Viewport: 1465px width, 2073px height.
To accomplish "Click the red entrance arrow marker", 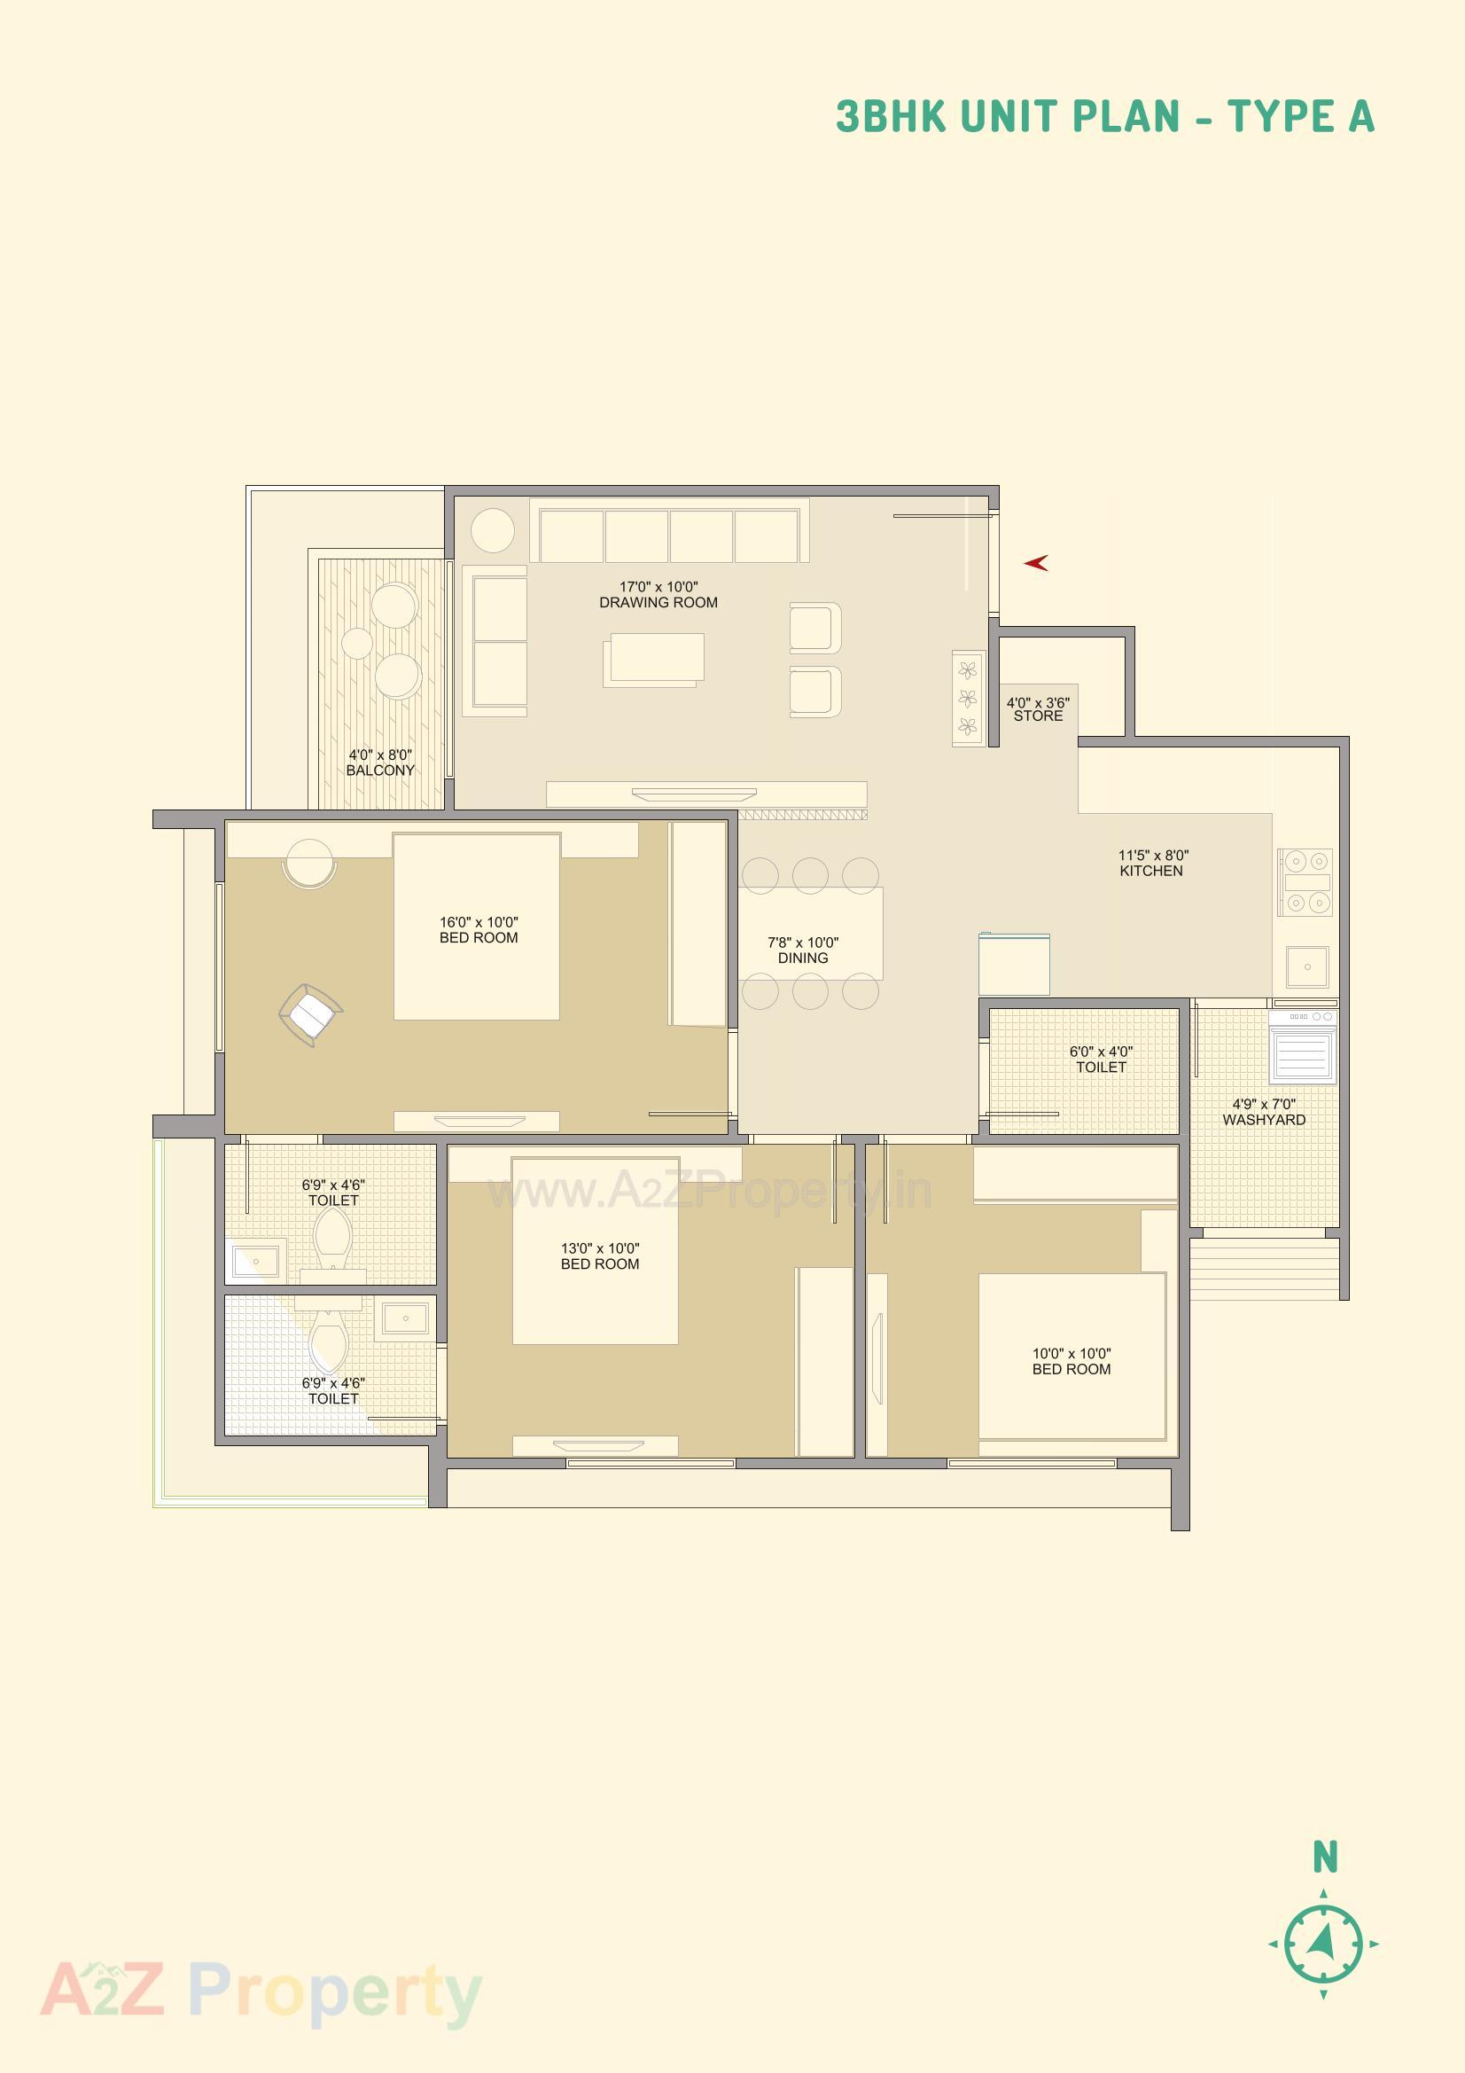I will tap(1035, 563).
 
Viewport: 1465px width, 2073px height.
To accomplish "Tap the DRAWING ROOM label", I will tap(658, 602).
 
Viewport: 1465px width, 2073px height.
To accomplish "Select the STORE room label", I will tap(1038, 716).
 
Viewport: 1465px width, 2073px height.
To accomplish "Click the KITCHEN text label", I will tap(1151, 872).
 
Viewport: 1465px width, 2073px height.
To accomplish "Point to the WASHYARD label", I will tap(1264, 1120).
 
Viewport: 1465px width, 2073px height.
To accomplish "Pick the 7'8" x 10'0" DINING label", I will tap(802, 950).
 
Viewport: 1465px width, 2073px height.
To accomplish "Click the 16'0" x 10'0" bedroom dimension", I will tap(479, 922).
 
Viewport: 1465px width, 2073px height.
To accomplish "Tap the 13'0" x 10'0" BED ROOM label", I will tap(599, 1256).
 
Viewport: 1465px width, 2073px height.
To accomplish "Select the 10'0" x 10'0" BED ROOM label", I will tap(1071, 1361).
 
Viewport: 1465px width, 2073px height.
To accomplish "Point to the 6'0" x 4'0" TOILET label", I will tap(1101, 1059).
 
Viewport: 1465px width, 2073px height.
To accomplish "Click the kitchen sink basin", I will tap(1306, 967).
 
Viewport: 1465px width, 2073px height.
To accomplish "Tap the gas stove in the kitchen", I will tap(1305, 881).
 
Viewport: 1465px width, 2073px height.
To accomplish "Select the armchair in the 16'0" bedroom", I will tap(310, 1015).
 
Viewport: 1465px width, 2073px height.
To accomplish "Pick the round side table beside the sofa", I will tap(492, 530).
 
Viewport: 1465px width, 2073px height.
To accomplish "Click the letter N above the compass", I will tap(1324, 1858).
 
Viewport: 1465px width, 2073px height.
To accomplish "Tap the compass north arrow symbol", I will tap(1323, 1942).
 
